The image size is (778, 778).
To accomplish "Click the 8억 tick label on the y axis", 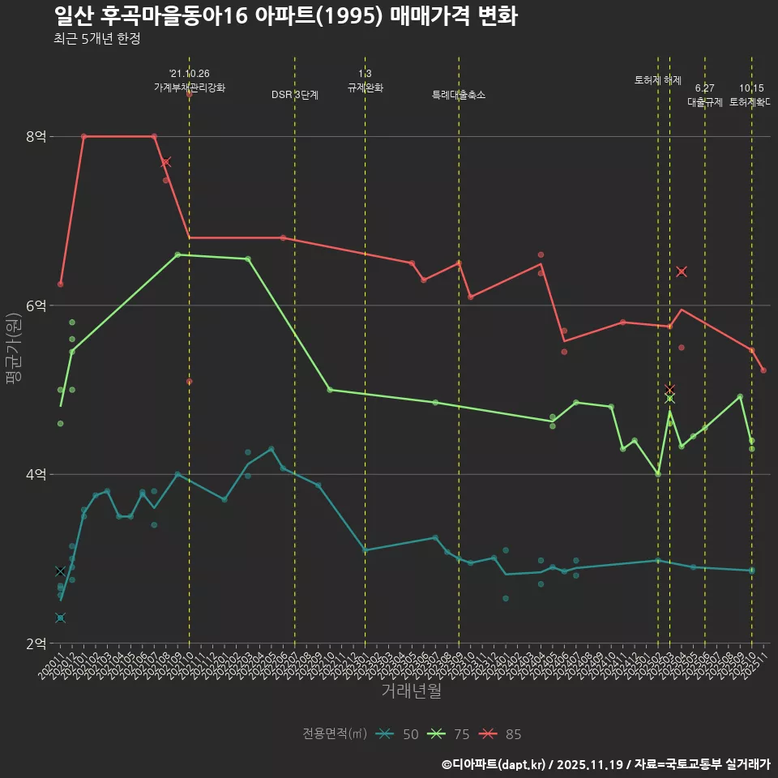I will coord(35,137).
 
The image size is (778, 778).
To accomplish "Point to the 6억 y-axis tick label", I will coord(35,306).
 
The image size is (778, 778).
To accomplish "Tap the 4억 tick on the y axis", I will coord(35,474).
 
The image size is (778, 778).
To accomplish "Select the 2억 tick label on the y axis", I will coord(35,643).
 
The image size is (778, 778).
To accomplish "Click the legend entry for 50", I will coord(398,734).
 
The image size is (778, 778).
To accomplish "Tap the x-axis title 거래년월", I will coord(412,691).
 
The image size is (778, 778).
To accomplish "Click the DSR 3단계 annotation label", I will coord(295,95).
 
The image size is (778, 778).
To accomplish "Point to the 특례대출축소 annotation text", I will coord(459,95).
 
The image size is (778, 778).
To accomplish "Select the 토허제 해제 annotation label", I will coord(658,80).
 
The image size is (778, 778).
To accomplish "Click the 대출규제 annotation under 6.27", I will coord(705,102).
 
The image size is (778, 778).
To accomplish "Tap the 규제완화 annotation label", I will coord(365,88).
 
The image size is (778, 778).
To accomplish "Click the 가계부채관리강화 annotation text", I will coord(190,88).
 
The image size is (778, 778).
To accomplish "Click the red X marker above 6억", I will coord(681,271).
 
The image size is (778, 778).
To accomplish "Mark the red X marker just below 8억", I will coord(165,162).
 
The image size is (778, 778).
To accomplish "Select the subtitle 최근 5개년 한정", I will coord(96,38).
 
